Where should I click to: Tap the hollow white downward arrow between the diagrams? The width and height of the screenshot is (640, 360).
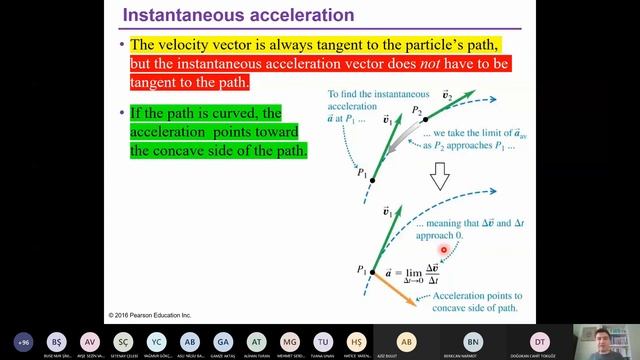[437, 178]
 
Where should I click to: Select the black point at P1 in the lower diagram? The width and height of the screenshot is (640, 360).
[373, 271]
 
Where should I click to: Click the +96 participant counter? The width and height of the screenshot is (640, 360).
[23, 341]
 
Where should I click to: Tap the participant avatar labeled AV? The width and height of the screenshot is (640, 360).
[90, 341]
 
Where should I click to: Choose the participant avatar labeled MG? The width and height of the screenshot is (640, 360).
[290, 341]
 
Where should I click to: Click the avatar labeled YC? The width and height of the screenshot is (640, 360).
[156, 341]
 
